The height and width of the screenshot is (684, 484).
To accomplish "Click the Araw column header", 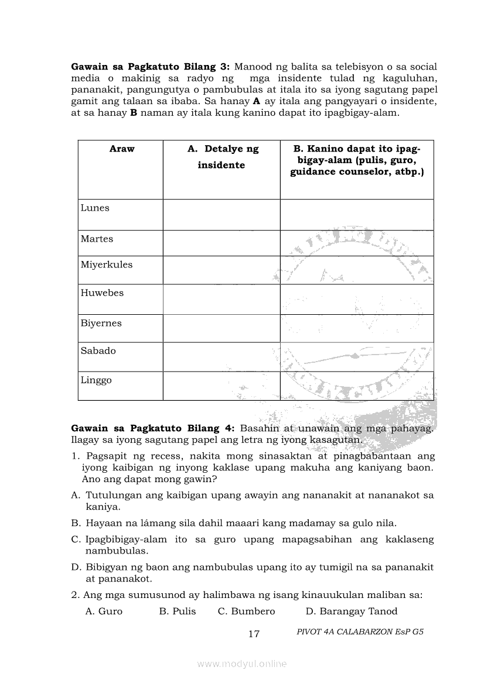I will click(x=122, y=149).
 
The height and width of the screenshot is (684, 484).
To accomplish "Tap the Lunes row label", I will click(x=95, y=208).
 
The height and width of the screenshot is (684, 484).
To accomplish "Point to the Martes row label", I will click(x=97, y=239).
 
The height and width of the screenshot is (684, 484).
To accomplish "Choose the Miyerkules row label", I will click(x=107, y=264).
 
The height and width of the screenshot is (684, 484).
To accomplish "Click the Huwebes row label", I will click(x=103, y=293).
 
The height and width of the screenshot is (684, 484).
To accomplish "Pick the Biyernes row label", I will click(x=101, y=323).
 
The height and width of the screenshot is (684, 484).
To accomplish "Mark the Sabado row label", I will click(x=98, y=351).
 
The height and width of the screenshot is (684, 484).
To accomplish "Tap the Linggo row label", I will click(x=96, y=380).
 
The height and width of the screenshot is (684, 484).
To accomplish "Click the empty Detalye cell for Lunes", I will click(x=221, y=215).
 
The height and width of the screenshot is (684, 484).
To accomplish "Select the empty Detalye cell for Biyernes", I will click(x=221, y=328).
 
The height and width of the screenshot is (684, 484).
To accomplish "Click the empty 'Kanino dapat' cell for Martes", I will click(x=357, y=243).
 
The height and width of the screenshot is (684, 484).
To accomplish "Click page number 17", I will click(x=254, y=634).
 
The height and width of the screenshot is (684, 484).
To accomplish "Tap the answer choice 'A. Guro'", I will click(x=104, y=611).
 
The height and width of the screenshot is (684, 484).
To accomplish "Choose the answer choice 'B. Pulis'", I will click(x=178, y=611).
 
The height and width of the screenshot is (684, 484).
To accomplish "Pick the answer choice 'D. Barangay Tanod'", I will click(x=352, y=611).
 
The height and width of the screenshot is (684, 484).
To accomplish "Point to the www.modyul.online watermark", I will click(x=242, y=664).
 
